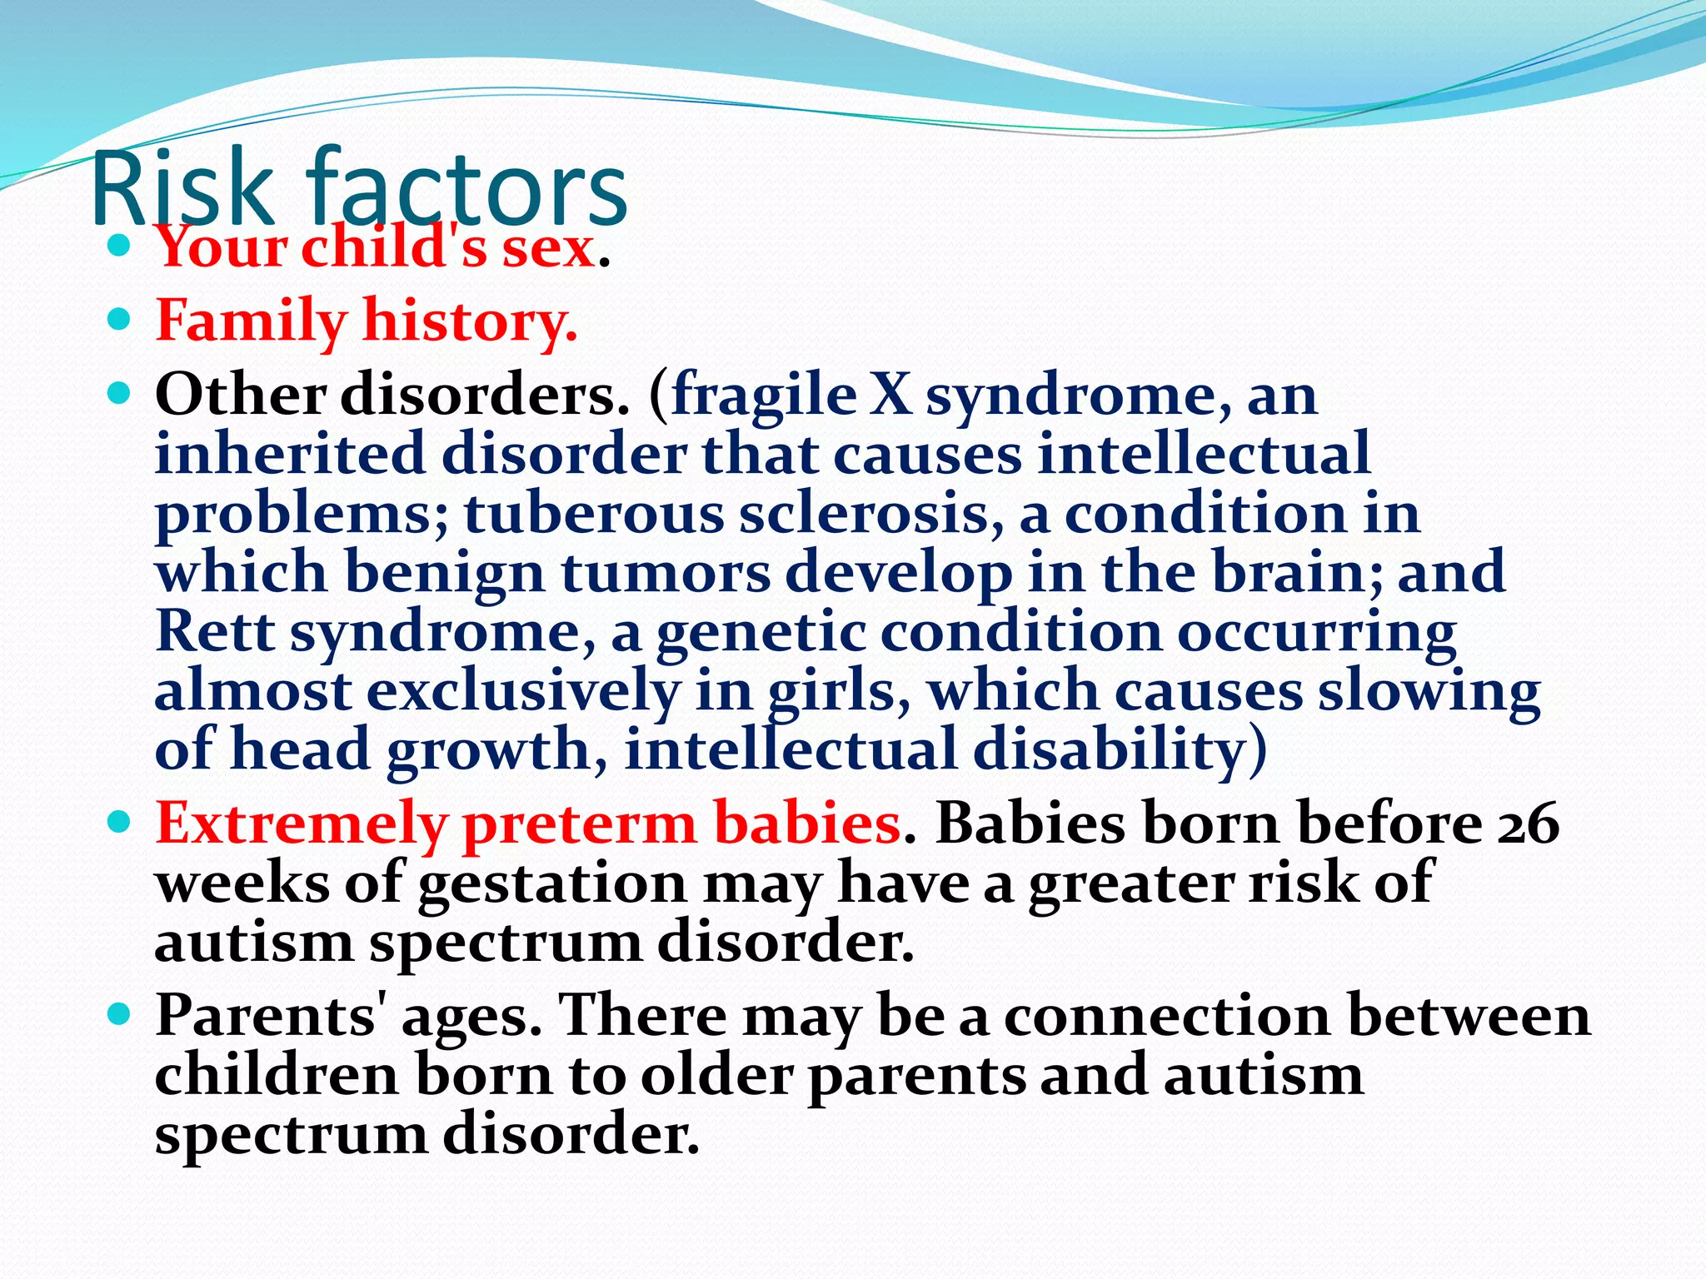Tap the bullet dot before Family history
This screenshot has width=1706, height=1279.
pyautogui.click(x=120, y=319)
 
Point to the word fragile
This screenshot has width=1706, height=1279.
pyautogui.click(x=764, y=396)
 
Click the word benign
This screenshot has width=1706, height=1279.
pyautogui.click(x=446, y=575)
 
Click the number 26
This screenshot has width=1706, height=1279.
pyautogui.click(x=1529, y=824)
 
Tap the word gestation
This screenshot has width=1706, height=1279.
pyautogui.click(x=551, y=884)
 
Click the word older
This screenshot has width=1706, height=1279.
pyautogui.click(x=716, y=1076)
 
